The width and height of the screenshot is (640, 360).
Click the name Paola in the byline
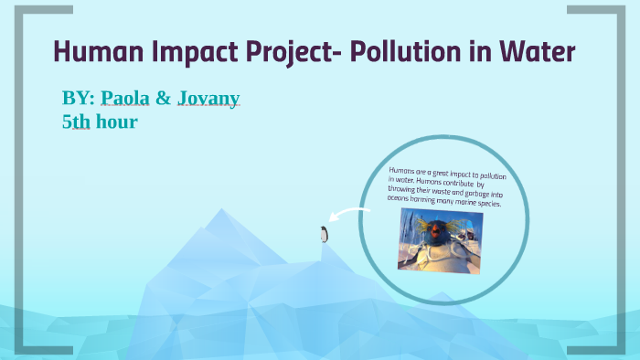click(x=125, y=99)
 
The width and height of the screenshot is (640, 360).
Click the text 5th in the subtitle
click(x=76, y=121)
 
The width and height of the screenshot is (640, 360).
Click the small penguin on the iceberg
click(x=323, y=234)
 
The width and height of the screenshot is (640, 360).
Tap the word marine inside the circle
click(x=482, y=202)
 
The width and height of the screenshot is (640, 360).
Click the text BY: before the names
click(x=79, y=99)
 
